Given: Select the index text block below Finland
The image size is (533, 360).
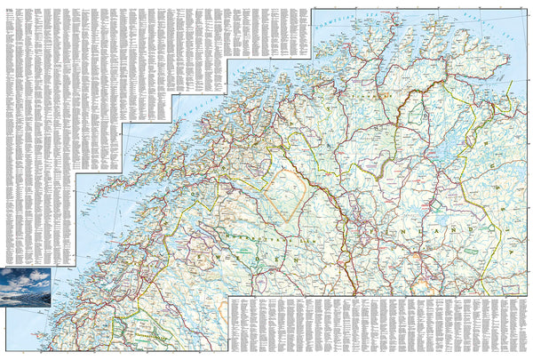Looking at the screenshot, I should [373, 324].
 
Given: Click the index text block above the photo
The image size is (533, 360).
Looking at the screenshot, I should [36, 133].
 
